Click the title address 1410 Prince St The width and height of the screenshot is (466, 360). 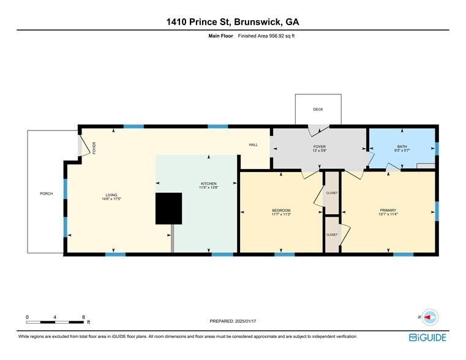pyautogui.click(x=233, y=23)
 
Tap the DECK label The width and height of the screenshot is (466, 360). pyautogui.click(x=318, y=110)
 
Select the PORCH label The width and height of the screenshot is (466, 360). pyautogui.click(x=47, y=193)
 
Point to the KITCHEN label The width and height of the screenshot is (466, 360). pyautogui.click(x=209, y=184)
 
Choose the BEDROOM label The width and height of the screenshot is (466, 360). pyautogui.click(x=281, y=211)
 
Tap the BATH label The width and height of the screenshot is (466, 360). pyautogui.click(x=402, y=146)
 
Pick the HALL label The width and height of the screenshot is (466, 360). pyautogui.click(x=254, y=145)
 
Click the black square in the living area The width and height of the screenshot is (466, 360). pyautogui.click(x=169, y=208)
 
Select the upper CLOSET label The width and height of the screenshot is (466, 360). pyautogui.click(x=332, y=193)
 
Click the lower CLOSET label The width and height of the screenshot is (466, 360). pyautogui.click(x=332, y=234)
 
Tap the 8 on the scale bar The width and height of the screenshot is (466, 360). pyautogui.click(x=84, y=317)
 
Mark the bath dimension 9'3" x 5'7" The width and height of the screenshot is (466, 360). pyautogui.click(x=402, y=151)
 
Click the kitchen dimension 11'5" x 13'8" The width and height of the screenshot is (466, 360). pyautogui.click(x=209, y=188)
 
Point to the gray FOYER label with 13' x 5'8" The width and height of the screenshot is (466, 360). pyautogui.click(x=319, y=149)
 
